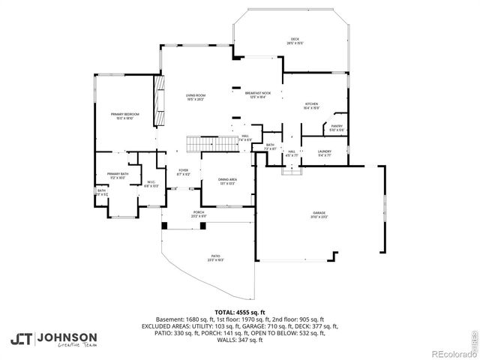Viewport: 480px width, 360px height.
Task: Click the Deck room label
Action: (295, 41)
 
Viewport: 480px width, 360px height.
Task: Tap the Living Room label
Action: (196, 97)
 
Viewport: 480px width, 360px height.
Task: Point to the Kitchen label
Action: (312, 106)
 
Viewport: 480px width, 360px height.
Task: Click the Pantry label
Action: (337, 128)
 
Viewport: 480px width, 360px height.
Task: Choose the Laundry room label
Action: (325, 153)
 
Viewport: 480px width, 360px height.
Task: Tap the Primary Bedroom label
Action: (125, 116)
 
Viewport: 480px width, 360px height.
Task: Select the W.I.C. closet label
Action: (151, 183)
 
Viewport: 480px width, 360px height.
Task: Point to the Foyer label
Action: (183, 172)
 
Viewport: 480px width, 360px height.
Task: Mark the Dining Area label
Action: (228, 181)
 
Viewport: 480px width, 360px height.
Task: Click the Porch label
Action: (199, 214)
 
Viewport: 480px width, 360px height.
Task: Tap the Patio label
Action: (216, 259)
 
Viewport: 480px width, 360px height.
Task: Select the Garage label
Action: (319, 215)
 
